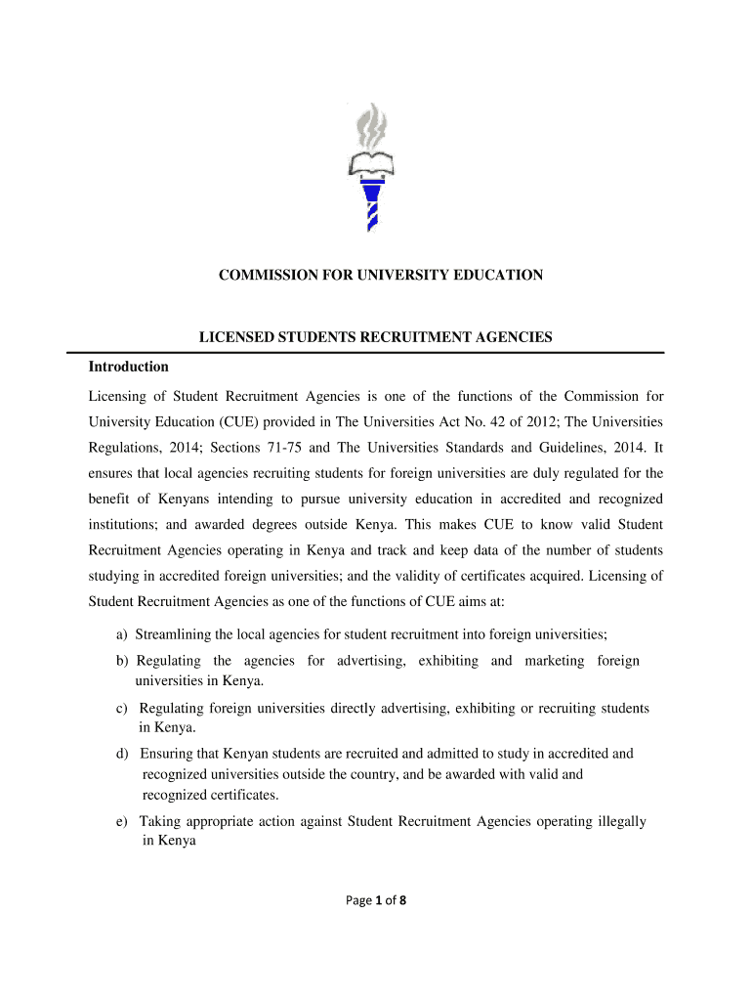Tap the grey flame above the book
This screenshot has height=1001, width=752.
371,127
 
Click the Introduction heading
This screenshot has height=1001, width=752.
129,368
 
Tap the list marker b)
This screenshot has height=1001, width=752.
123,661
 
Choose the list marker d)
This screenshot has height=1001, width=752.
123,754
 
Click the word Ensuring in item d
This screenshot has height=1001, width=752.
167,754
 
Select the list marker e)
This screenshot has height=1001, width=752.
123,821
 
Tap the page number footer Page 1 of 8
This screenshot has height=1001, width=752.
376,901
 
